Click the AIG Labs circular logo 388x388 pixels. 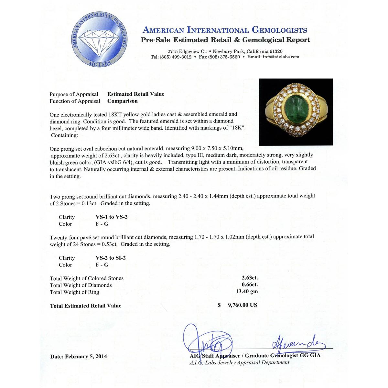tap(100, 39)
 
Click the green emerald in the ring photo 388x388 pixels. tap(296, 110)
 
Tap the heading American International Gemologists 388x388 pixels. tap(225, 30)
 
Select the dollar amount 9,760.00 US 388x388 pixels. tap(242, 305)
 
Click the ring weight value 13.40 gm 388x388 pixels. tap(247, 292)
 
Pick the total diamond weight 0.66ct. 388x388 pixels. tap(250, 285)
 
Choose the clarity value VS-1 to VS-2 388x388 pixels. tap(112, 217)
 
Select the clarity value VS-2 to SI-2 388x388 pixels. tap(111, 258)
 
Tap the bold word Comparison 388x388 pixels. tap(123, 101)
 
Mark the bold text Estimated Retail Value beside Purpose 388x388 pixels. tap(136, 94)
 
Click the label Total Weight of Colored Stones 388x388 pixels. tap(87, 278)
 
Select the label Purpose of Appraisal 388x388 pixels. tap(74, 94)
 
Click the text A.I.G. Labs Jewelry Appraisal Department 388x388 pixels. tap(239, 362)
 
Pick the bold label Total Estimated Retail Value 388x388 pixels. tap(86, 306)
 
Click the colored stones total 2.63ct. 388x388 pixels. tap(250, 277)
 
